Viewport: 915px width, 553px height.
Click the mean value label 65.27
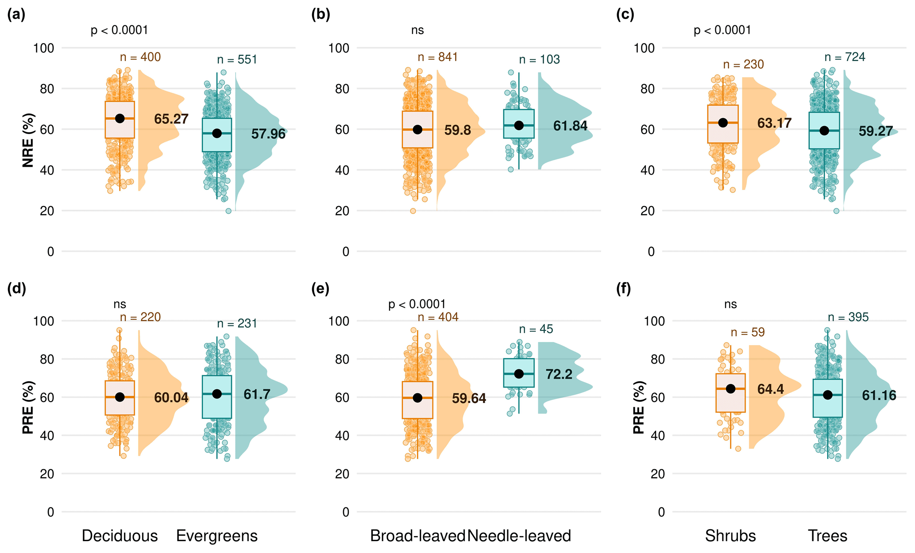[x=171, y=119]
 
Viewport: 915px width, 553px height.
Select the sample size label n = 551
[x=237, y=60]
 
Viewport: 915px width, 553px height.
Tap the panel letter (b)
[x=321, y=15]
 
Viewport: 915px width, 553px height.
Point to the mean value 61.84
[x=570, y=126]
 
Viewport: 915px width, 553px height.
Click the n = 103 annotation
[x=539, y=60]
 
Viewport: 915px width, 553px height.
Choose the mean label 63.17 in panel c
[x=774, y=123]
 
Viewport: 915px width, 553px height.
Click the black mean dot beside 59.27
[x=824, y=131]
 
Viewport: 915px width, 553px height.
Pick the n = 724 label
[x=845, y=57]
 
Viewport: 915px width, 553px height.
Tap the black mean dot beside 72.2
[x=519, y=374]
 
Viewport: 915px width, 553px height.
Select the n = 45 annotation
[x=536, y=329]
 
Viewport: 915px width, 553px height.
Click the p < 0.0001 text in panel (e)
[x=417, y=304]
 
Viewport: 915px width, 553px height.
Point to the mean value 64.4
[x=771, y=389]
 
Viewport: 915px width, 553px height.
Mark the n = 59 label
[x=748, y=332]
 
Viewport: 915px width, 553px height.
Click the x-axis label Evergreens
[x=217, y=536]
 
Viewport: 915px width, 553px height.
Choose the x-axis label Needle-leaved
[x=519, y=536]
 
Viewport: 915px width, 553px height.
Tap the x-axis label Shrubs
[x=730, y=536]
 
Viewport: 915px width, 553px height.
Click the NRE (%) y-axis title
[x=28, y=141]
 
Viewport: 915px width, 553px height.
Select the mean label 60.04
[x=171, y=398]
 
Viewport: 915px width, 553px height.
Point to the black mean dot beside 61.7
[x=217, y=394]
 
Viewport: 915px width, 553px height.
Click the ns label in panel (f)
[x=730, y=304]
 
